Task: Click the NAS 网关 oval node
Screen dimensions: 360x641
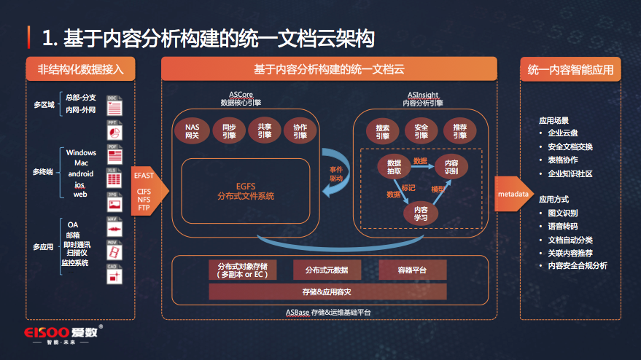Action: (x=192, y=131)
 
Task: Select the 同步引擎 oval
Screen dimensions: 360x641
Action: (x=229, y=131)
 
